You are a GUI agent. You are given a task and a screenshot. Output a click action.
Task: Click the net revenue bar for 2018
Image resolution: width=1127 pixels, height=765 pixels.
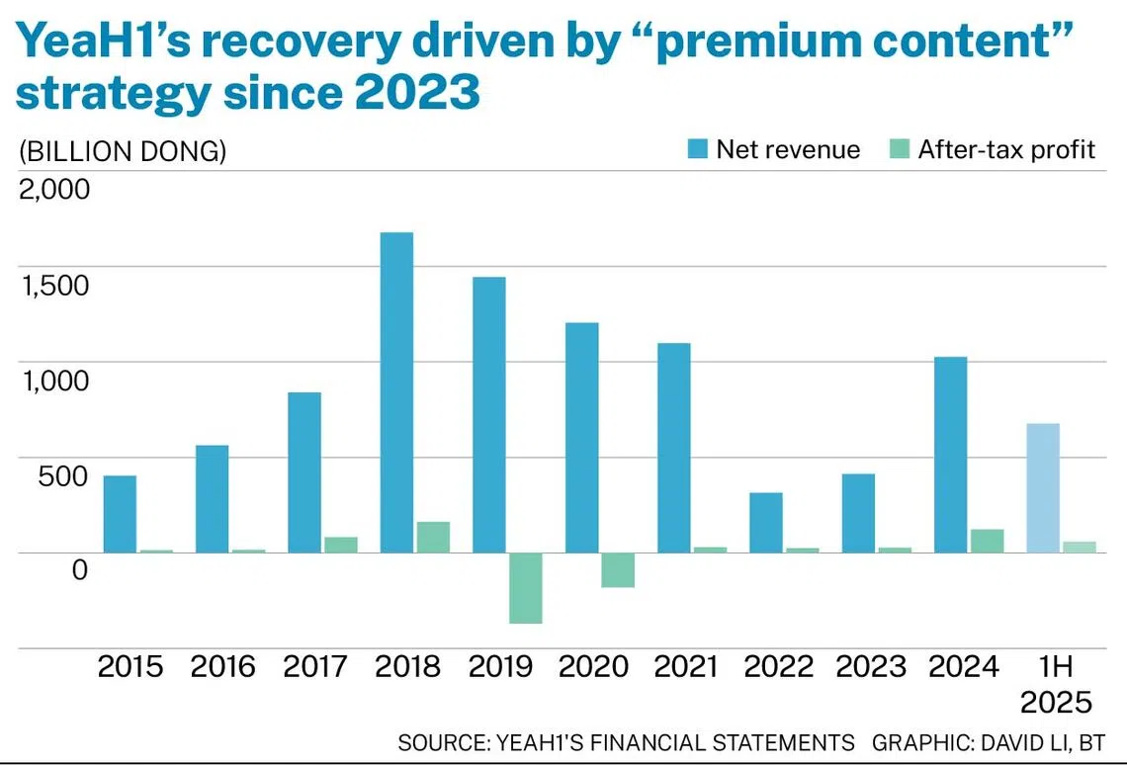coord(396,392)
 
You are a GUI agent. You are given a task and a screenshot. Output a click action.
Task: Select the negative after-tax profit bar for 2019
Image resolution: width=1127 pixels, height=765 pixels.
coord(526,588)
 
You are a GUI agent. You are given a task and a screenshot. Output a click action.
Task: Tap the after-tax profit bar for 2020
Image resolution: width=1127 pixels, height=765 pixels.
coord(618,570)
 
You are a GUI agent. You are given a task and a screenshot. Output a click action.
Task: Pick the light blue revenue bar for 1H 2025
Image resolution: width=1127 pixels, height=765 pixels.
coord(1043,488)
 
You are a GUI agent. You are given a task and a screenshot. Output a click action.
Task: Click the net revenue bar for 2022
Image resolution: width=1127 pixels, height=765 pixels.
coord(766,523)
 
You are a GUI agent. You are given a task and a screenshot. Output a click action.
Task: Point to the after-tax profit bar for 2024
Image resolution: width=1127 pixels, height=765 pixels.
coord(987,541)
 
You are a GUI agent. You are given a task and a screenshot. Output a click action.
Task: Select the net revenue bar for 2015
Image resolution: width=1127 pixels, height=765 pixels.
coord(120,514)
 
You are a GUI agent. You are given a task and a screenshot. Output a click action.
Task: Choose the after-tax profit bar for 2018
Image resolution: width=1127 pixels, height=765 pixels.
coord(433,537)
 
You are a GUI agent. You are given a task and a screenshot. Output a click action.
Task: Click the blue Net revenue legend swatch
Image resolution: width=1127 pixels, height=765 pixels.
coord(698,150)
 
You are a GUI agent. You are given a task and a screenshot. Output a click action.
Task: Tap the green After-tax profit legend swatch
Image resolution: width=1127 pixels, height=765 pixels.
coord(900,150)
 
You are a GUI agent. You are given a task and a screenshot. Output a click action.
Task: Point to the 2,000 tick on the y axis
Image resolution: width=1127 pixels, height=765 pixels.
coord(54,188)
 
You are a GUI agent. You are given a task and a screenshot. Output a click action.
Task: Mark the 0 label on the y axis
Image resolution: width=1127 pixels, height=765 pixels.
coord(80,569)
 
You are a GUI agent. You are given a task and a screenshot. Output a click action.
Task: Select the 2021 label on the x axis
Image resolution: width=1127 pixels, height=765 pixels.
coord(686,667)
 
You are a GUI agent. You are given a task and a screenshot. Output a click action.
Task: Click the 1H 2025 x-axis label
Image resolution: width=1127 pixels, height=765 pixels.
coord(1056,684)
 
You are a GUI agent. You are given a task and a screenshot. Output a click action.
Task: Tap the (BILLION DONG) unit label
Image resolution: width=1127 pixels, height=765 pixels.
coord(122,151)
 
